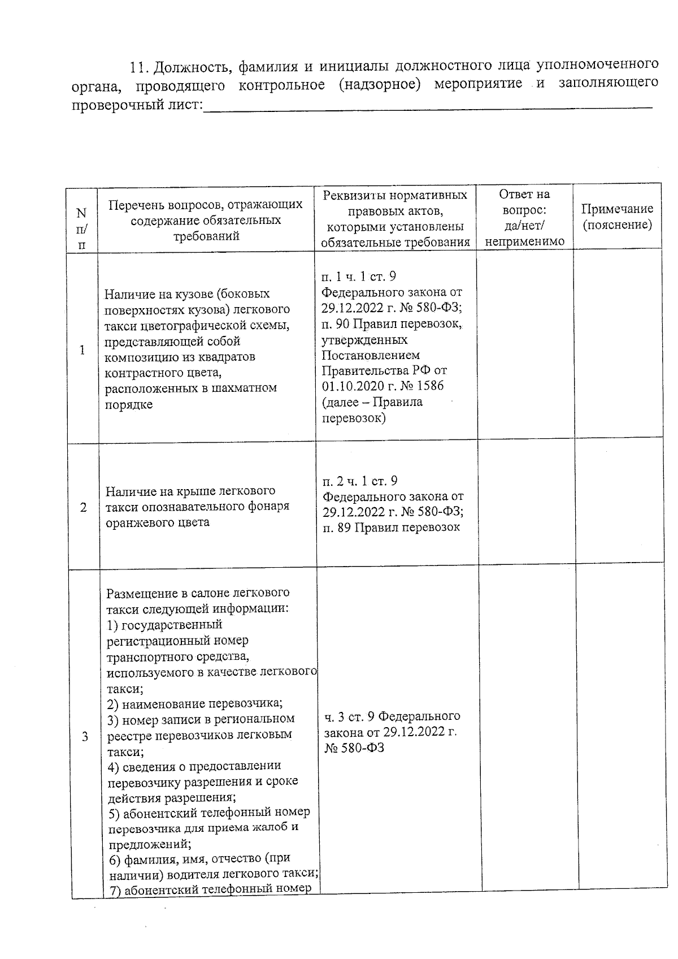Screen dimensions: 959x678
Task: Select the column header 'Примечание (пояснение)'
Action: click(617, 217)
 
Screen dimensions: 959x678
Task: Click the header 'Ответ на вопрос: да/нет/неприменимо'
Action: click(524, 218)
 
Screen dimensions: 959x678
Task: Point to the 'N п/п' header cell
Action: click(82, 228)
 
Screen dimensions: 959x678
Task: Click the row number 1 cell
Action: click(82, 350)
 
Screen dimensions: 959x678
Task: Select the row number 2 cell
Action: click(84, 507)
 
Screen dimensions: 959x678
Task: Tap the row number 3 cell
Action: click(85, 736)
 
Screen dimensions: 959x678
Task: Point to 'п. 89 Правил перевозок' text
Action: click(391, 527)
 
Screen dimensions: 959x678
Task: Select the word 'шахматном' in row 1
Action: click(249, 388)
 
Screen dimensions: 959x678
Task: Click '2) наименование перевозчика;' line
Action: click(195, 703)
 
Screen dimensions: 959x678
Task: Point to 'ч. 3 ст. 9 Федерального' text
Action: click(392, 716)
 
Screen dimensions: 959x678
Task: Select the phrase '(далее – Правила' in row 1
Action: click(372, 402)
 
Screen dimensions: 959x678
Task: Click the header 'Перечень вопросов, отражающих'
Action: click(206, 204)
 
